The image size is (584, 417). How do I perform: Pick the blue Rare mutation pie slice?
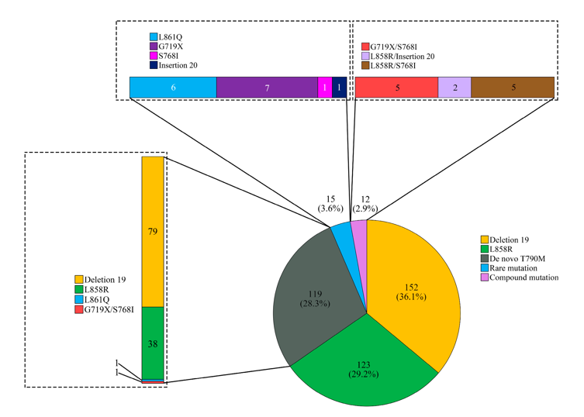[341, 236]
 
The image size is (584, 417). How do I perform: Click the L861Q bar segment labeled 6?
[173, 88]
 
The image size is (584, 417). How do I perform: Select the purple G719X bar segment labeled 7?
[267, 88]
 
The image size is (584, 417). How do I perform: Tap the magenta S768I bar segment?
[324, 88]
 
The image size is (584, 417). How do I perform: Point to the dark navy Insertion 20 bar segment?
[340, 88]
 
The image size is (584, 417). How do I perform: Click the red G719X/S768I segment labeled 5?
[396, 88]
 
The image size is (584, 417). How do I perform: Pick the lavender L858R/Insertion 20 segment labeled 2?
[454, 88]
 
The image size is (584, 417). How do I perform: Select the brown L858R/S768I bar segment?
[513, 88]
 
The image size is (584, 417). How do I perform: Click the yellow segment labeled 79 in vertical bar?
[153, 231]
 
